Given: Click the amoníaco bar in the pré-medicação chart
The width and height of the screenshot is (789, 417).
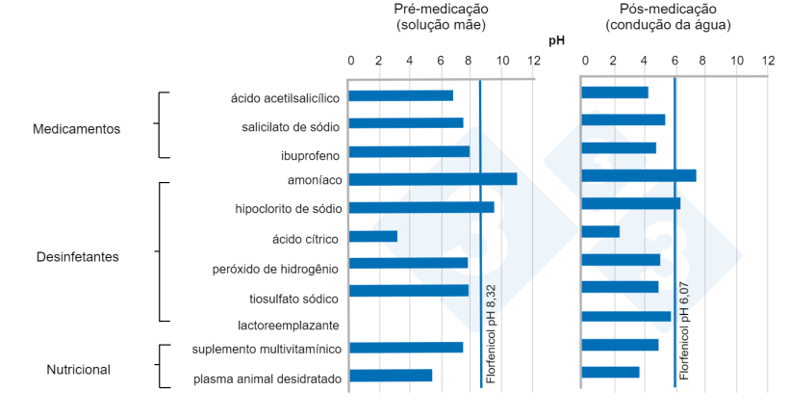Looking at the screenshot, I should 432,178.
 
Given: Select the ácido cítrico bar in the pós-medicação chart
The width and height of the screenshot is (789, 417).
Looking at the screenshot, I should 600,231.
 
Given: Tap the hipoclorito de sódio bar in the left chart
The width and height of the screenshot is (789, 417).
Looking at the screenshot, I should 420,206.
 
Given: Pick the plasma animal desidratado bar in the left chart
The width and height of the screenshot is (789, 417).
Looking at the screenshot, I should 390,376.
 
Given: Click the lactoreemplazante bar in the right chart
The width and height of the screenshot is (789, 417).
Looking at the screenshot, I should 626,316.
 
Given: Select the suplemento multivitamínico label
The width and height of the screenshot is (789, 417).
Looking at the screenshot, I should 267,348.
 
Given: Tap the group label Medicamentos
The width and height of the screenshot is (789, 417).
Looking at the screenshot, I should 77,128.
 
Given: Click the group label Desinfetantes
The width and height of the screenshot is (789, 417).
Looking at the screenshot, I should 77,257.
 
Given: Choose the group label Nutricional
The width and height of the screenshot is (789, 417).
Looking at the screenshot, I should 79,369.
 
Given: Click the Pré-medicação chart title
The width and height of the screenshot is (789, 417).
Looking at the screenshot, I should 441,16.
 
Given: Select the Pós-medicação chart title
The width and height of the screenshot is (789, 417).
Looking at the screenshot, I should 669,16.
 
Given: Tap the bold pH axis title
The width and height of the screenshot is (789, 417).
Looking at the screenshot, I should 557,41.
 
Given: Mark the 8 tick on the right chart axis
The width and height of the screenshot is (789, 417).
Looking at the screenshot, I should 702,61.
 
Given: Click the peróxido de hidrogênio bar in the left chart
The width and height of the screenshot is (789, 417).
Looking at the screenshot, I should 408,263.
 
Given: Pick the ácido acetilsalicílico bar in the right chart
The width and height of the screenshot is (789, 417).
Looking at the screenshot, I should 615,92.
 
